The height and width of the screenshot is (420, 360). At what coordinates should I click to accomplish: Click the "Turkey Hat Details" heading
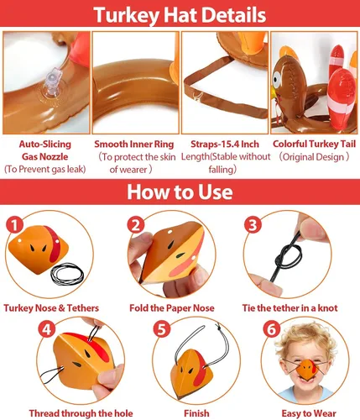point(180,14)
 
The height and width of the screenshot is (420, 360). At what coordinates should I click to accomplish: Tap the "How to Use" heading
point(180,192)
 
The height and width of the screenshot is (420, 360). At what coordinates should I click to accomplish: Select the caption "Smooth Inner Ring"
point(134,144)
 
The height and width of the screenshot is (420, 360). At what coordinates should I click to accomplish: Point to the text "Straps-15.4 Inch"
point(225,144)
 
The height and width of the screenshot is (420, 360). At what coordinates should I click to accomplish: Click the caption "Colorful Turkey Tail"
point(314,144)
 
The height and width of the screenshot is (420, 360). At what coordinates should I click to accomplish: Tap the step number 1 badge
point(14,224)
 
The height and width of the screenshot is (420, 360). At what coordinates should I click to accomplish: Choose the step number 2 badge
point(136,224)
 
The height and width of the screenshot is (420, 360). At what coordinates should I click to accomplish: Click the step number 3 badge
point(253,224)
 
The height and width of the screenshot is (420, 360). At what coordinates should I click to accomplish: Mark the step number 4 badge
point(46,328)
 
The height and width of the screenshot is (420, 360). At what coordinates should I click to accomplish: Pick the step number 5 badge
point(162,328)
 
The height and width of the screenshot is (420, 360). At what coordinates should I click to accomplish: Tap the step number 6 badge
point(272,329)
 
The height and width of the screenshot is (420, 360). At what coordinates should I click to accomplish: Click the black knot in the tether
point(288,256)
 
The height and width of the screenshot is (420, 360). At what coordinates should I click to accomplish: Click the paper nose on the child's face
point(307,369)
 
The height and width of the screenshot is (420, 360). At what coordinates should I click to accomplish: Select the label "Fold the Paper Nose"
point(172,308)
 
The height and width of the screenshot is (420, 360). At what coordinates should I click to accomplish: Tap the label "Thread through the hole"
point(81,413)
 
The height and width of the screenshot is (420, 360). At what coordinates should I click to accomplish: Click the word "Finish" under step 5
point(196,413)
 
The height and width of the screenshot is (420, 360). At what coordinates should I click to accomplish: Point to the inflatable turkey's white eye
point(276,78)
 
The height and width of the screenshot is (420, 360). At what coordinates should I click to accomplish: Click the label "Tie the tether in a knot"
point(290,308)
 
